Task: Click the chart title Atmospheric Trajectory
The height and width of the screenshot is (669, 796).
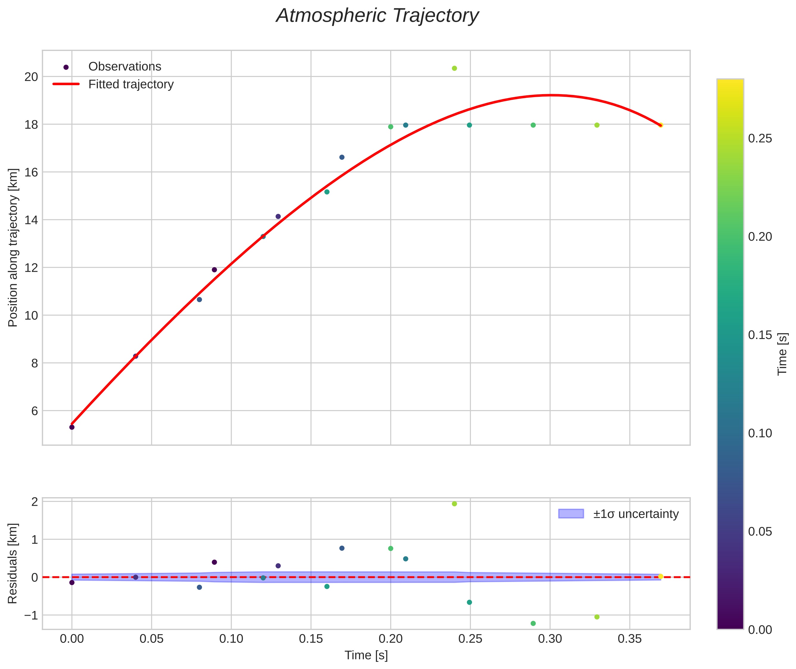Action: [377, 16]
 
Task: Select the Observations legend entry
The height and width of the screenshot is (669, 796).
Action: [124, 67]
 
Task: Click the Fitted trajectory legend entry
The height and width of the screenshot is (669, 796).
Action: [131, 84]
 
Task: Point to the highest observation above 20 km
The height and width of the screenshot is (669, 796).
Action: [454, 68]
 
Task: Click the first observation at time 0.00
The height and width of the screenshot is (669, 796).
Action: [72, 427]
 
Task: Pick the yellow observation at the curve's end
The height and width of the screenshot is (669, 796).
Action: [661, 125]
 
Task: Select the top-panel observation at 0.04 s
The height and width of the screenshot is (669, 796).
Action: [135, 356]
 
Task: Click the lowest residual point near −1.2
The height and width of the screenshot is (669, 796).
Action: [533, 623]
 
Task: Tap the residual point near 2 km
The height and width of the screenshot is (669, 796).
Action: [454, 504]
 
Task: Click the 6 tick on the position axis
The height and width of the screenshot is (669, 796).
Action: [35, 411]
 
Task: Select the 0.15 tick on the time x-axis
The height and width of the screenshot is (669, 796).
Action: [311, 639]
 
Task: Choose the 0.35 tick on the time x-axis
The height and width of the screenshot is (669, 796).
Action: [630, 639]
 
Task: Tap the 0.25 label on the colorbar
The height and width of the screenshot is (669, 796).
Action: [760, 139]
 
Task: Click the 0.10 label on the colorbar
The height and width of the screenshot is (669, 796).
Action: [760, 433]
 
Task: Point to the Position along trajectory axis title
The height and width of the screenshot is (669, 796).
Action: [13, 247]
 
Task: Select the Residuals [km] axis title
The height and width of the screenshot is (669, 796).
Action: [13, 564]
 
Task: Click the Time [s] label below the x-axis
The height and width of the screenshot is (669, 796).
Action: [366, 655]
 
